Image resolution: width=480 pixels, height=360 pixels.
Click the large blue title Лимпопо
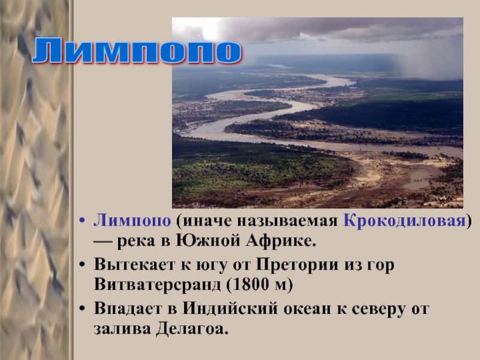coord(137,51)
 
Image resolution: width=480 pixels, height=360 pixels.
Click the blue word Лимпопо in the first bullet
coord(132,220)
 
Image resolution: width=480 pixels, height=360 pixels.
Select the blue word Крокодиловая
coord(404,220)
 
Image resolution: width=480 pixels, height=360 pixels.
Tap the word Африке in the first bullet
coord(280,241)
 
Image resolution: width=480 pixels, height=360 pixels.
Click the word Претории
coord(297,265)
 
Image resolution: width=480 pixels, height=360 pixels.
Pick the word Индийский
coord(230,308)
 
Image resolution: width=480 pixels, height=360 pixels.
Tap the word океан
coord(307,309)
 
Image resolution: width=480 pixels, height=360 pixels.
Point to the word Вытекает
coord(134,265)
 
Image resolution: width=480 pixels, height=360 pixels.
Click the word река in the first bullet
coord(136,242)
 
